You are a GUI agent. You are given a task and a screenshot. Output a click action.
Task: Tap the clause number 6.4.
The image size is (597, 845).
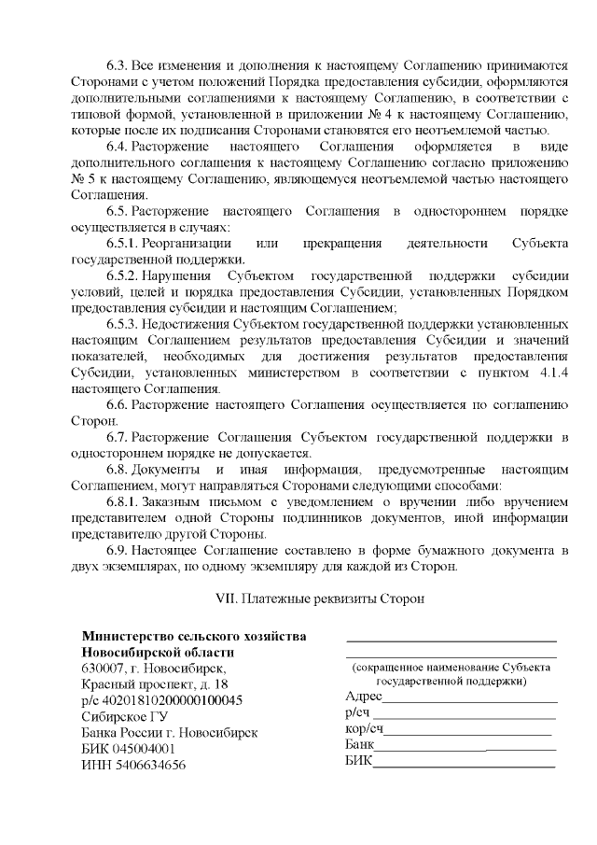[118, 147]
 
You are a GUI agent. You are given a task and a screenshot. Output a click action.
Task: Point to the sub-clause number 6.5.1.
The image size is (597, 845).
[123, 244]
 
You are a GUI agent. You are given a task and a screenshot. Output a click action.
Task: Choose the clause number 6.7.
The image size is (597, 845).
[118, 437]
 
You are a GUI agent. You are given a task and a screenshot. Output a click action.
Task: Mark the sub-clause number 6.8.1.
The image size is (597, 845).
[123, 501]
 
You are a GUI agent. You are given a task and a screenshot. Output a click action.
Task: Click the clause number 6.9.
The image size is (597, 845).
[118, 550]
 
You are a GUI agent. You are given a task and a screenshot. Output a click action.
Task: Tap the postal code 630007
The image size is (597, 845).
[103, 669]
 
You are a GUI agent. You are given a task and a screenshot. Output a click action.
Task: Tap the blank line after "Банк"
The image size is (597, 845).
[465, 748]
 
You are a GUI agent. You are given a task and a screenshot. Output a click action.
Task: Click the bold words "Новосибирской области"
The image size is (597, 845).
[159, 653]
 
